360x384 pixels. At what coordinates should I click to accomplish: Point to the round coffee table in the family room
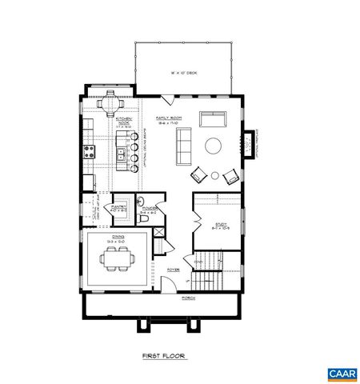pyautogui.click(x=214, y=146)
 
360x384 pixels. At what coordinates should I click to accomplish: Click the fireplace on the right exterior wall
pyautogui.click(x=249, y=142)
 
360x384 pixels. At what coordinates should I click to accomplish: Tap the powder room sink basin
pyautogui.click(x=141, y=200)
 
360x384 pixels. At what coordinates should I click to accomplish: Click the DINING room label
pyautogui.click(x=118, y=235)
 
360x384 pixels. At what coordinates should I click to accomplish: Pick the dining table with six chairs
pyautogui.click(x=117, y=258)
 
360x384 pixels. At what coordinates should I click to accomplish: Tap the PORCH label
pyautogui.click(x=188, y=298)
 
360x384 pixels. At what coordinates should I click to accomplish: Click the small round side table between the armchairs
pyautogui.click(x=214, y=174)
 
